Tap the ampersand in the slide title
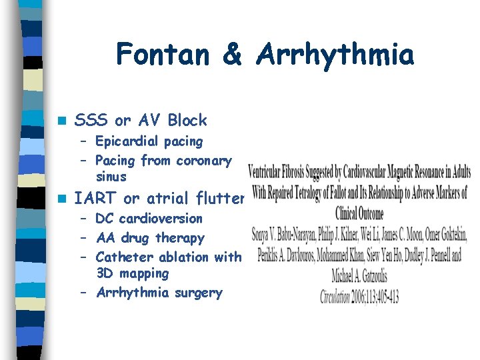tap(232, 54)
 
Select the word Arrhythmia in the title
tap(333, 54)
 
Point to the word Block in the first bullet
tap(187, 121)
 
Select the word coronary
tap(203, 161)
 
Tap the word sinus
tap(111, 177)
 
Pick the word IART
tap(94, 198)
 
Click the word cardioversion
tap(160, 219)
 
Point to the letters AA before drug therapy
tap(105, 238)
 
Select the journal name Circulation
tap(343, 297)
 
